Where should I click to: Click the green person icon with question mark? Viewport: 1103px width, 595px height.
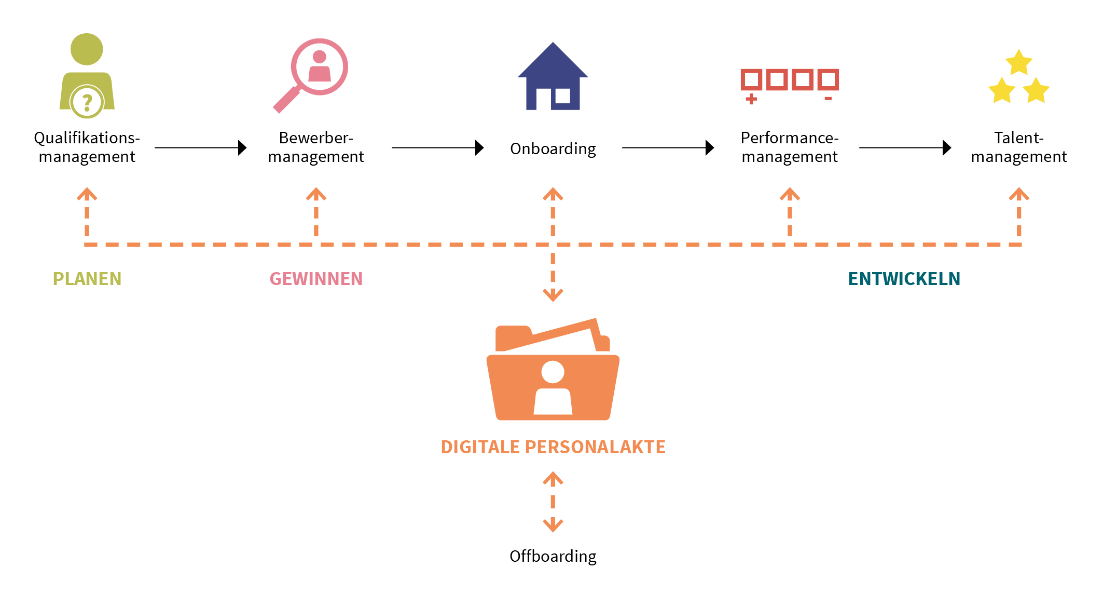87,75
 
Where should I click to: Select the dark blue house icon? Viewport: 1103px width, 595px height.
553,78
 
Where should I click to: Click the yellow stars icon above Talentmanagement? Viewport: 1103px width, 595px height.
1018,78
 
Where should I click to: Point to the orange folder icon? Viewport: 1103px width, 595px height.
553,371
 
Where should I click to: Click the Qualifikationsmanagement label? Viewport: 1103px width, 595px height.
87,147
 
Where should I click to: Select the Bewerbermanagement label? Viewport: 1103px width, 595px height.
316,147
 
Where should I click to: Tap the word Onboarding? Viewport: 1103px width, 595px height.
553,148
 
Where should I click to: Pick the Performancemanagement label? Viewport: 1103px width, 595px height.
789,147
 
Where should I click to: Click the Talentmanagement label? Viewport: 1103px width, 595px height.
1018,147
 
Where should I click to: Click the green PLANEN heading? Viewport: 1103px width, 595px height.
87,279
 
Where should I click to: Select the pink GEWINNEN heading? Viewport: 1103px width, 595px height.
316,279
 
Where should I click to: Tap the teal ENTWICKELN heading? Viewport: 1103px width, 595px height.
904,279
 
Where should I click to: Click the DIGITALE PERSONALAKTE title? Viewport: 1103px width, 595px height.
553,447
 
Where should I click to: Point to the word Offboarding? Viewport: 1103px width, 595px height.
553,556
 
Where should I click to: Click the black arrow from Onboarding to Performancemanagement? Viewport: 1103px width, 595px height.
668,148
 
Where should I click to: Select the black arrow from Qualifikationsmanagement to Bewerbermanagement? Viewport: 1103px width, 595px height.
200,148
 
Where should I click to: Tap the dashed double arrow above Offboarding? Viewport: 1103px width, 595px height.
553,502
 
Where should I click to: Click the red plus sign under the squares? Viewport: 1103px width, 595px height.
751,99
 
